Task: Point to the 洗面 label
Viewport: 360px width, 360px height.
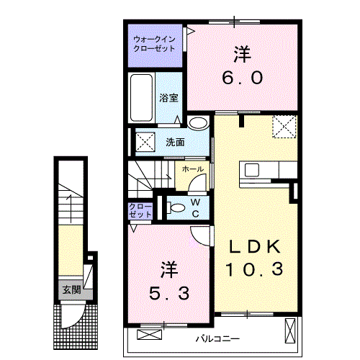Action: (174, 142)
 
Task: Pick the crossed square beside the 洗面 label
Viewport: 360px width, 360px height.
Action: (143, 141)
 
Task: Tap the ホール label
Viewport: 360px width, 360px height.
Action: (191, 169)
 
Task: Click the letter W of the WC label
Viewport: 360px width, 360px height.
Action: (194, 203)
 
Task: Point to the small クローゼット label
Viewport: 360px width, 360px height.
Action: (140, 211)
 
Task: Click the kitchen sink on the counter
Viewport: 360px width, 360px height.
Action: (253, 171)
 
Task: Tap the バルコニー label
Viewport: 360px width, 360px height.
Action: (217, 338)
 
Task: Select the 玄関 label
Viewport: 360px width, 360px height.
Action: (71, 290)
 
